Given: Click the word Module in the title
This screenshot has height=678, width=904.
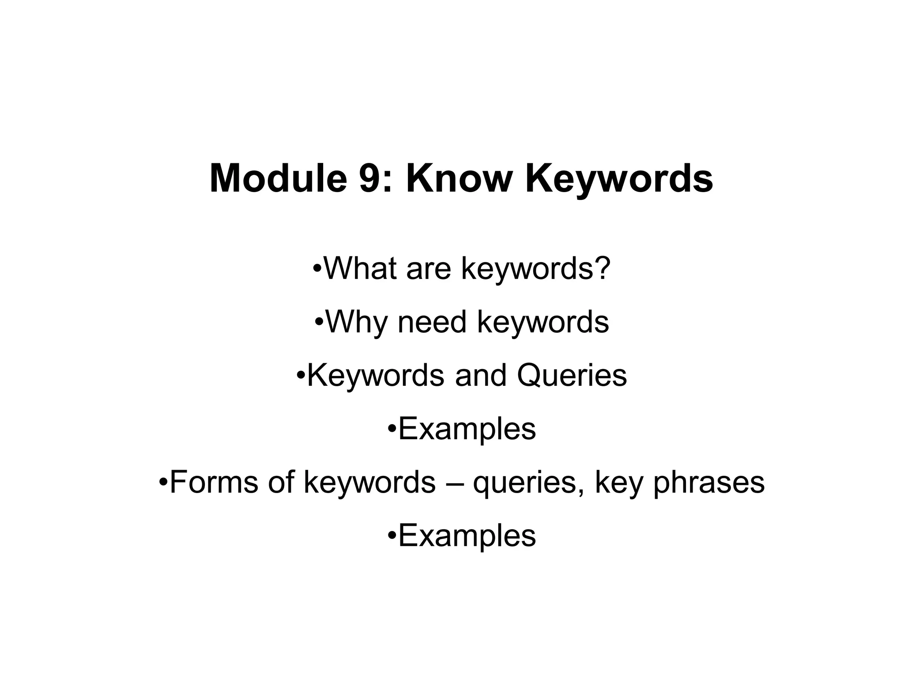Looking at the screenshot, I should pyautogui.click(x=278, y=178).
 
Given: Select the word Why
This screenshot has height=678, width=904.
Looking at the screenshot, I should pyautogui.click(x=356, y=322).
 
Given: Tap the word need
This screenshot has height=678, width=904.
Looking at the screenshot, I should pyautogui.click(x=432, y=322).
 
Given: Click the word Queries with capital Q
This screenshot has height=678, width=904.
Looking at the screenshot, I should pyautogui.click(x=572, y=376).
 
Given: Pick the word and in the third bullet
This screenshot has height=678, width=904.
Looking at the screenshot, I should pyautogui.click(x=481, y=376).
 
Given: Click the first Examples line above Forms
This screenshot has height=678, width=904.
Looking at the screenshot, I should pyautogui.click(x=467, y=429).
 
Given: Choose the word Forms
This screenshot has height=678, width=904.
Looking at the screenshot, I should pyautogui.click(x=214, y=482).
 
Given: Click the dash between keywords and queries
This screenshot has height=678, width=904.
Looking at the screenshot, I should pyautogui.click(x=454, y=483).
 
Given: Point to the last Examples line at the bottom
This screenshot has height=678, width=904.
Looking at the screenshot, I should pyautogui.click(x=467, y=536).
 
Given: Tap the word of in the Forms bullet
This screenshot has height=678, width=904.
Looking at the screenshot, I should pyautogui.click(x=281, y=482).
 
